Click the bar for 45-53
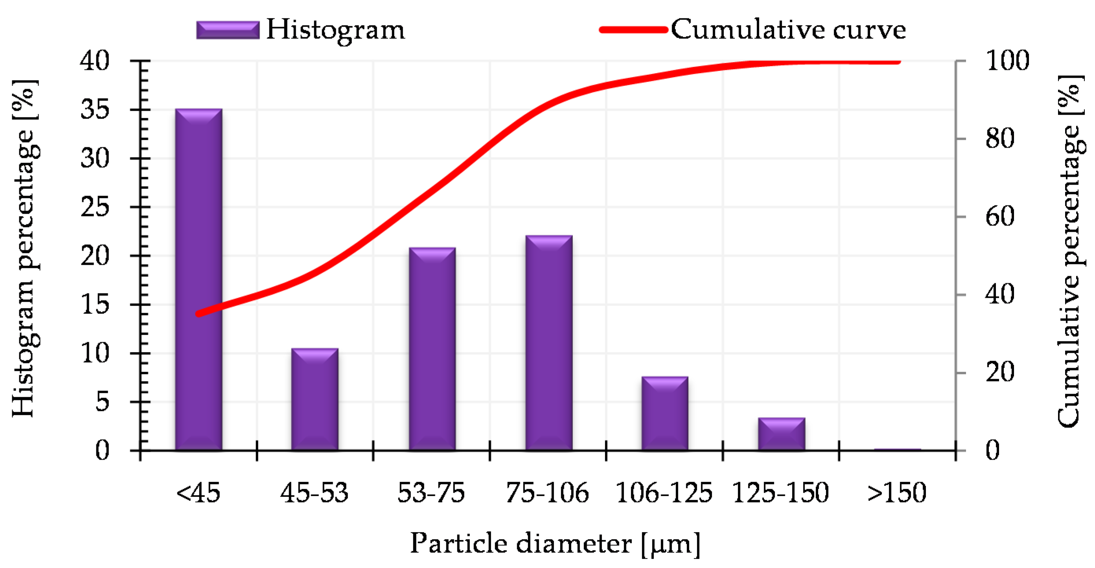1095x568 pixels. click(x=315, y=399)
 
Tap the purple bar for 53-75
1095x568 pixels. click(x=432, y=348)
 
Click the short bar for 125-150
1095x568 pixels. click(x=781, y=434)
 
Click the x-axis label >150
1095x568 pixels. click(x=897, y=493)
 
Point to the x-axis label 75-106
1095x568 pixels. click(x=547, y=493)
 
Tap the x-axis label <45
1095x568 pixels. click(x=198, y=493)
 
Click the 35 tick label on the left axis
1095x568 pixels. click(x=95, y=110)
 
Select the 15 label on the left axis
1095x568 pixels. click(x=95, y=304)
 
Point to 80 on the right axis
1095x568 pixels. click(x=1000, y=139)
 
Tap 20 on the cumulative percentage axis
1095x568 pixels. click(x=1000, y=372)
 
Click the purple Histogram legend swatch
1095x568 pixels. click(x=228, y=30)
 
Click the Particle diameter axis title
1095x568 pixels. click(x=555, y=544)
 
